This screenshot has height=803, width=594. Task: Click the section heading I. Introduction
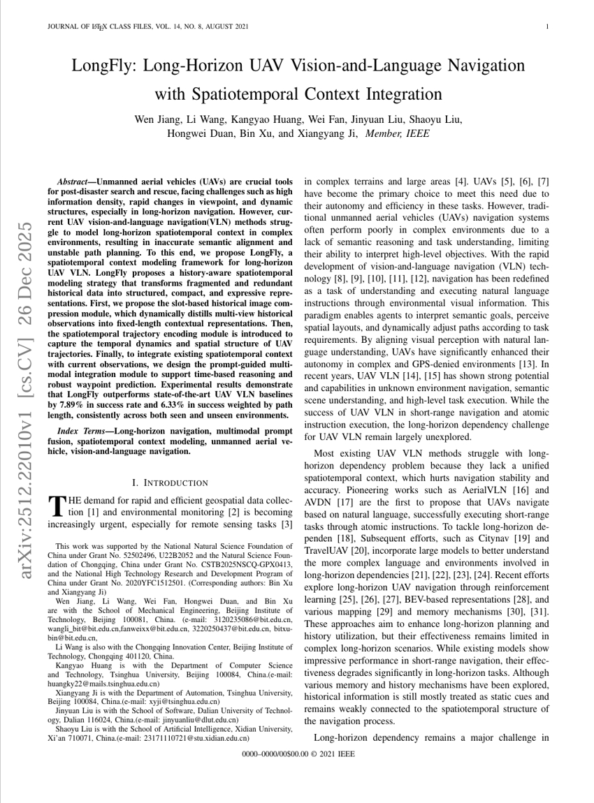click(170, 482)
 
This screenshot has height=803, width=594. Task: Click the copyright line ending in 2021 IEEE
click(297, 756)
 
